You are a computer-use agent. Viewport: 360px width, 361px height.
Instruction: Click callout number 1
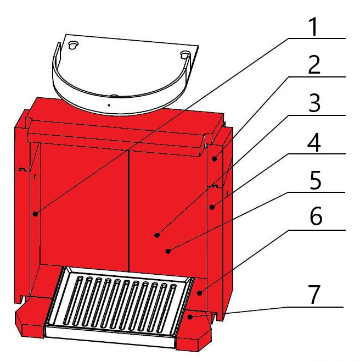pos(313,27)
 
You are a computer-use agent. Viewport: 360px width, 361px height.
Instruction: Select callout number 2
pos(314,65)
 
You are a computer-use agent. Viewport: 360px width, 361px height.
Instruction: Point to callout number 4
pos(314,142)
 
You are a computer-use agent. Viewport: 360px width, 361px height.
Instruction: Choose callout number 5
pos(315,180)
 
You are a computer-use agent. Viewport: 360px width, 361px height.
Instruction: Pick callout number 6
pos(316,216)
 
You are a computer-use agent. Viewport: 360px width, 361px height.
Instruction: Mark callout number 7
pos(314,295)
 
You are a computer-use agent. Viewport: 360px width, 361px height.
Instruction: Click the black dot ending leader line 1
pos(35,214)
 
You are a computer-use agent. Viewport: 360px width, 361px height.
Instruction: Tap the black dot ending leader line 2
pos(214,159)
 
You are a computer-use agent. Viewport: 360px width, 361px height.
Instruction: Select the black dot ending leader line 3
pos(157,235)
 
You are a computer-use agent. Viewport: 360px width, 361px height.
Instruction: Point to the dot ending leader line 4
pos(212,207)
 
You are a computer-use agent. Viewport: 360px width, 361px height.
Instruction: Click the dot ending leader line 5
pos(168,251)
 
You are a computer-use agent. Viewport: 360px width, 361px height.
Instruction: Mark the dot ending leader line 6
pos(200,293)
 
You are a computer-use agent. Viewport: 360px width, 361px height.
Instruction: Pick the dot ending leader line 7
pos(190,317)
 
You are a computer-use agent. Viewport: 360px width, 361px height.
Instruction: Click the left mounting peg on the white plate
pos(74,45)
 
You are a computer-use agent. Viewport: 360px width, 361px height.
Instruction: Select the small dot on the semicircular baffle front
pos(109,105)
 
